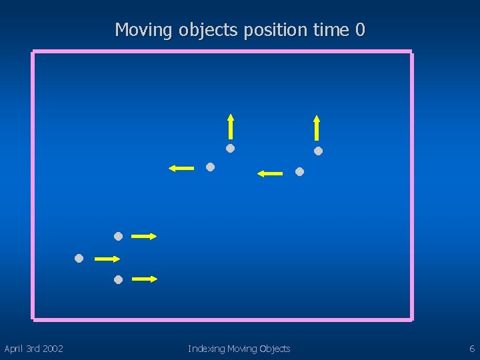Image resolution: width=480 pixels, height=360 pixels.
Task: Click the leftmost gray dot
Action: pos(79,258)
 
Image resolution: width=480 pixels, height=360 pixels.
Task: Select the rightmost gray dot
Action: pos(319,151)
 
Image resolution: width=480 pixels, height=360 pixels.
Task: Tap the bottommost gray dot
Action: pos(118,279)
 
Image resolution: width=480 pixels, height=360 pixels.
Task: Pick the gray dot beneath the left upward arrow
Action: pos(230,148)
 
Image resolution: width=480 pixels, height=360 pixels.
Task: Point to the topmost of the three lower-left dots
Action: pos(118,236)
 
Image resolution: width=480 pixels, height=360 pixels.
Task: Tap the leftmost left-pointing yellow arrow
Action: pos(181,168)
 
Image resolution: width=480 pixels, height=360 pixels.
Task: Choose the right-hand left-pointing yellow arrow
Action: pos(270,173)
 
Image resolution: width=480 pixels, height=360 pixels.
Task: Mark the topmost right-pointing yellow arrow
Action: pos(144,236)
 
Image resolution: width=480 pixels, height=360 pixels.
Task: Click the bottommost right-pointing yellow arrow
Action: pos(144,279)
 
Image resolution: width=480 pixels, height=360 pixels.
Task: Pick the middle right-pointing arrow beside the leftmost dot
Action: pos(107,258)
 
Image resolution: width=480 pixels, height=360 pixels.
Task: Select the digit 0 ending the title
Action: pos(360,30)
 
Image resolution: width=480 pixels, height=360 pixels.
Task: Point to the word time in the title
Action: pos(330,30)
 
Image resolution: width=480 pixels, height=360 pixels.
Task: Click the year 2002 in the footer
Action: pos(51,349)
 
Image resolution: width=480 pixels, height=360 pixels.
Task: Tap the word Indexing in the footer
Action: pos(206,349)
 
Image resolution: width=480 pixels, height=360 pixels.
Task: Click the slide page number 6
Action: pos(472,349)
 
